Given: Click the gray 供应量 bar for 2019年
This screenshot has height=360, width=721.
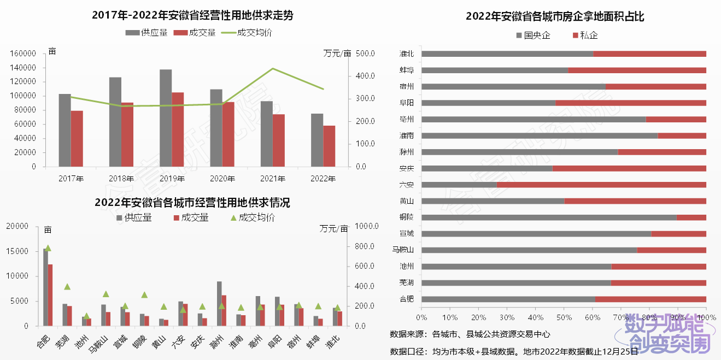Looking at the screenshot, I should click(166, 117).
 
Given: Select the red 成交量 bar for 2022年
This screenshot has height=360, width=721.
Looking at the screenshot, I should click(329, 146).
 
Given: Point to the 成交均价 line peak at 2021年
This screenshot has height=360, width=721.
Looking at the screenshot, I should click(273, 69).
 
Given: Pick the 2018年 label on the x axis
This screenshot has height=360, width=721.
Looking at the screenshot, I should click(121, 179).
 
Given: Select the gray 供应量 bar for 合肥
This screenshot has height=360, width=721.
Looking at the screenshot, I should click(45, 287).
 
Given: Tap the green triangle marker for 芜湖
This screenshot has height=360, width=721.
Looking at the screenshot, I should click(67, 286).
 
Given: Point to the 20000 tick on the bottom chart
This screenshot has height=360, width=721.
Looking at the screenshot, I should click(17, 226).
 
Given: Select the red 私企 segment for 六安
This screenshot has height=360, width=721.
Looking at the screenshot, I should click(601, 185).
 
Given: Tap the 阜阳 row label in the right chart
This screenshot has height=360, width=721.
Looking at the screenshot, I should click(407, 103).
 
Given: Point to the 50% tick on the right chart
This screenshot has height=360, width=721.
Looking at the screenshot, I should click(564, 317).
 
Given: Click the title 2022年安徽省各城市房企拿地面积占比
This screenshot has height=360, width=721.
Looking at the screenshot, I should click(555, 16).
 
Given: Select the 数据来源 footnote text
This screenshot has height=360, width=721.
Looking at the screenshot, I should click(470, 334).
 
